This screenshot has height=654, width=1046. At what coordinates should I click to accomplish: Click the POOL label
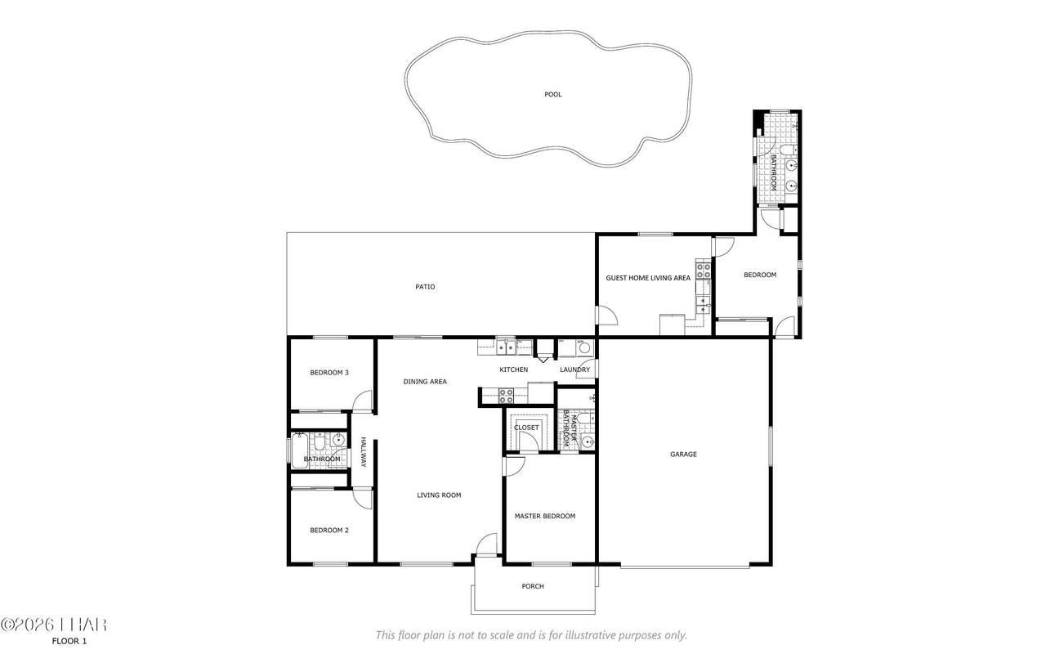point(553,94)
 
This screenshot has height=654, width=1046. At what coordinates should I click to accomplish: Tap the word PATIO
point(425,287)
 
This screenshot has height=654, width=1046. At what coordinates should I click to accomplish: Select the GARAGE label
point(683,455)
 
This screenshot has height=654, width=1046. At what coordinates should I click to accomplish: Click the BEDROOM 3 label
point(329,373)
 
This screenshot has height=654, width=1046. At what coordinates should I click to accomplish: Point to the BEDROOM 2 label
point(329,531)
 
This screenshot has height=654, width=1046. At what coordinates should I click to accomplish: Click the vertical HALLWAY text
point(364,452)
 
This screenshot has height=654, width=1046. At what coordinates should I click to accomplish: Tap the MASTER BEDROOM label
point(544,517)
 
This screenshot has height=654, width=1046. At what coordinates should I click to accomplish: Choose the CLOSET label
point(526,428)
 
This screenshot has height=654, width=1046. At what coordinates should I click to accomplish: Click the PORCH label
point(533,586)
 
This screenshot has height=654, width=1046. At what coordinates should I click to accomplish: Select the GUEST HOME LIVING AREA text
point(648,278)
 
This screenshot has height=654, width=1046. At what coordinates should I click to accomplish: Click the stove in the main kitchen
point(506,396)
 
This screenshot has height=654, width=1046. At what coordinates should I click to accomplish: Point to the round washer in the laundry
point(584,348)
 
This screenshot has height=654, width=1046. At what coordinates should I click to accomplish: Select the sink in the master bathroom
point(588,441)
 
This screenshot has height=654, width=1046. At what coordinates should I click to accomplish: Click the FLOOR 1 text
point(69,641)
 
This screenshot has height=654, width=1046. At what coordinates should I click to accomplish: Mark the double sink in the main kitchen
point(507,347)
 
